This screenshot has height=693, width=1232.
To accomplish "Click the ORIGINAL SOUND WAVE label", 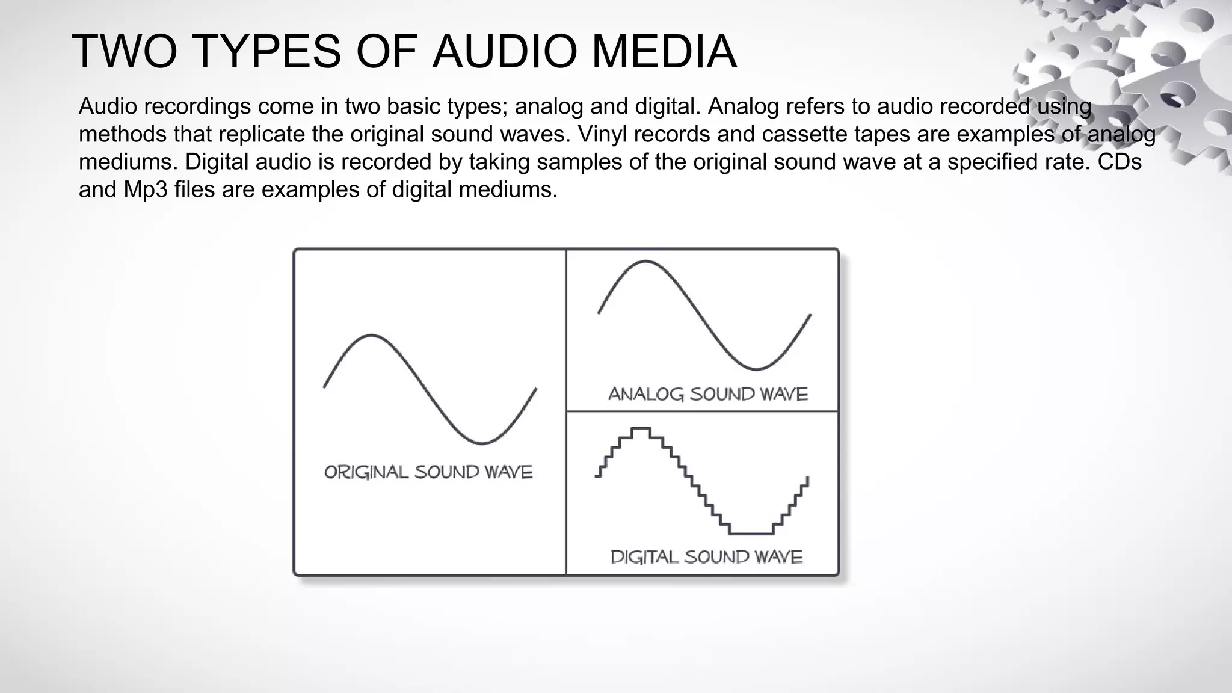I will tap(428, 472).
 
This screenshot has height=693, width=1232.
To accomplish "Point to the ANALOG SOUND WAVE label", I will tap(708, 395).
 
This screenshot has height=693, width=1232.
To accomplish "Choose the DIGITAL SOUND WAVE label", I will tap(706, 557).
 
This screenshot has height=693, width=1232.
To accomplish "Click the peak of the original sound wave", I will tap(371, 335).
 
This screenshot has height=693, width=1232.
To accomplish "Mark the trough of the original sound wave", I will tap(482, 444).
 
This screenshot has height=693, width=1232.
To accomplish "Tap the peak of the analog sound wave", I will tap(645, 261).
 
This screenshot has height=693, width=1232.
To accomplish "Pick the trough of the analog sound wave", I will tap(756, 369).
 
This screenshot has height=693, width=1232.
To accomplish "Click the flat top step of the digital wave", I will tap(641, 428).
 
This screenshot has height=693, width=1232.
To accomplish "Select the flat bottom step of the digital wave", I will tap(751, 534).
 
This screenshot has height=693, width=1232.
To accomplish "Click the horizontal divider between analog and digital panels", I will tap(702, 411).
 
